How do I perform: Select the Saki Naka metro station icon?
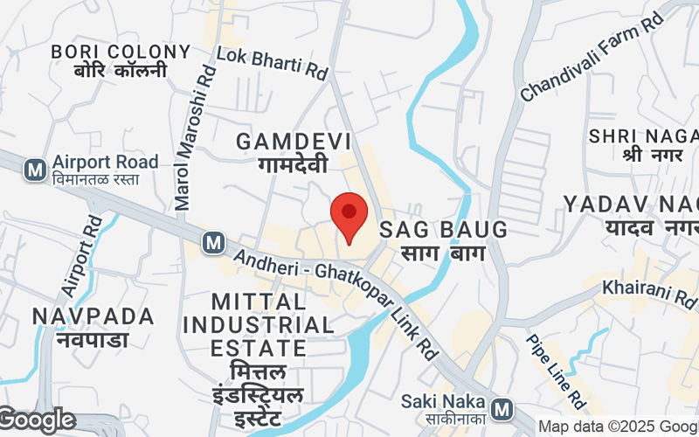502,408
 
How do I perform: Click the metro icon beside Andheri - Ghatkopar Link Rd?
212,243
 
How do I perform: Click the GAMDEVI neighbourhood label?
294,142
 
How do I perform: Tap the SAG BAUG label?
443,231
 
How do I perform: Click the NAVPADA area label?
93,316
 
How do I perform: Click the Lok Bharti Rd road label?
271,64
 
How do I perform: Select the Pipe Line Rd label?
555,371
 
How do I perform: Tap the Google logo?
37,421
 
